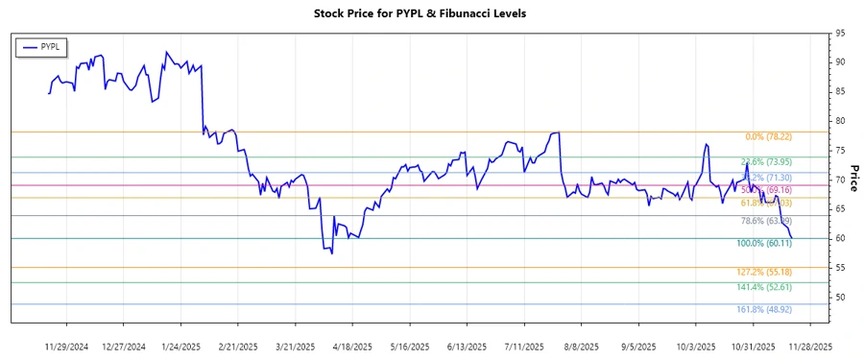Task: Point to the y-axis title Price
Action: click(x=854, y=179)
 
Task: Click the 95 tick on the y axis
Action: click(x=840, y=33)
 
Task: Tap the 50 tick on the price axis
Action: click(x=840, y=298)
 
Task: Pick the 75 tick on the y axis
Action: click(x=840, y=151)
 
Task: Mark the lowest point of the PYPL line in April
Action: click(x=332, y=252)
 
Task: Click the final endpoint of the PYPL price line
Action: click(x=792, y=237)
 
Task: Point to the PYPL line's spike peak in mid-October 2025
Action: click(x=707, y=145)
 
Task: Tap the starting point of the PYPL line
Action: click(x=49, y=93)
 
